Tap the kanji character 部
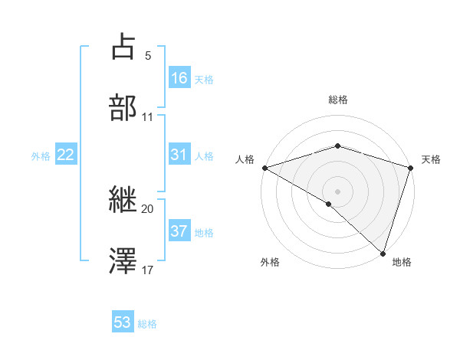pos(123,108)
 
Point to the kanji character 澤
pos(123,261)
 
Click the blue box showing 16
pos(179,77)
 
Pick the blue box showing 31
pos(179,155)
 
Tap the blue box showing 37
pos(179,231)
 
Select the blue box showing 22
pos(66,155)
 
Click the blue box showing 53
pos(123,322)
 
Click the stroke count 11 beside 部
pos(148,117)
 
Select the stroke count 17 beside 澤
pos(148,270)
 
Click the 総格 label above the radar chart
pos(338,100)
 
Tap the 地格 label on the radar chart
pos(402,262)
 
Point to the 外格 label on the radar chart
pos(270,262)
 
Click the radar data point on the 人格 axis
pos(264,168)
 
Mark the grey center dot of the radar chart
pos(337,191)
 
